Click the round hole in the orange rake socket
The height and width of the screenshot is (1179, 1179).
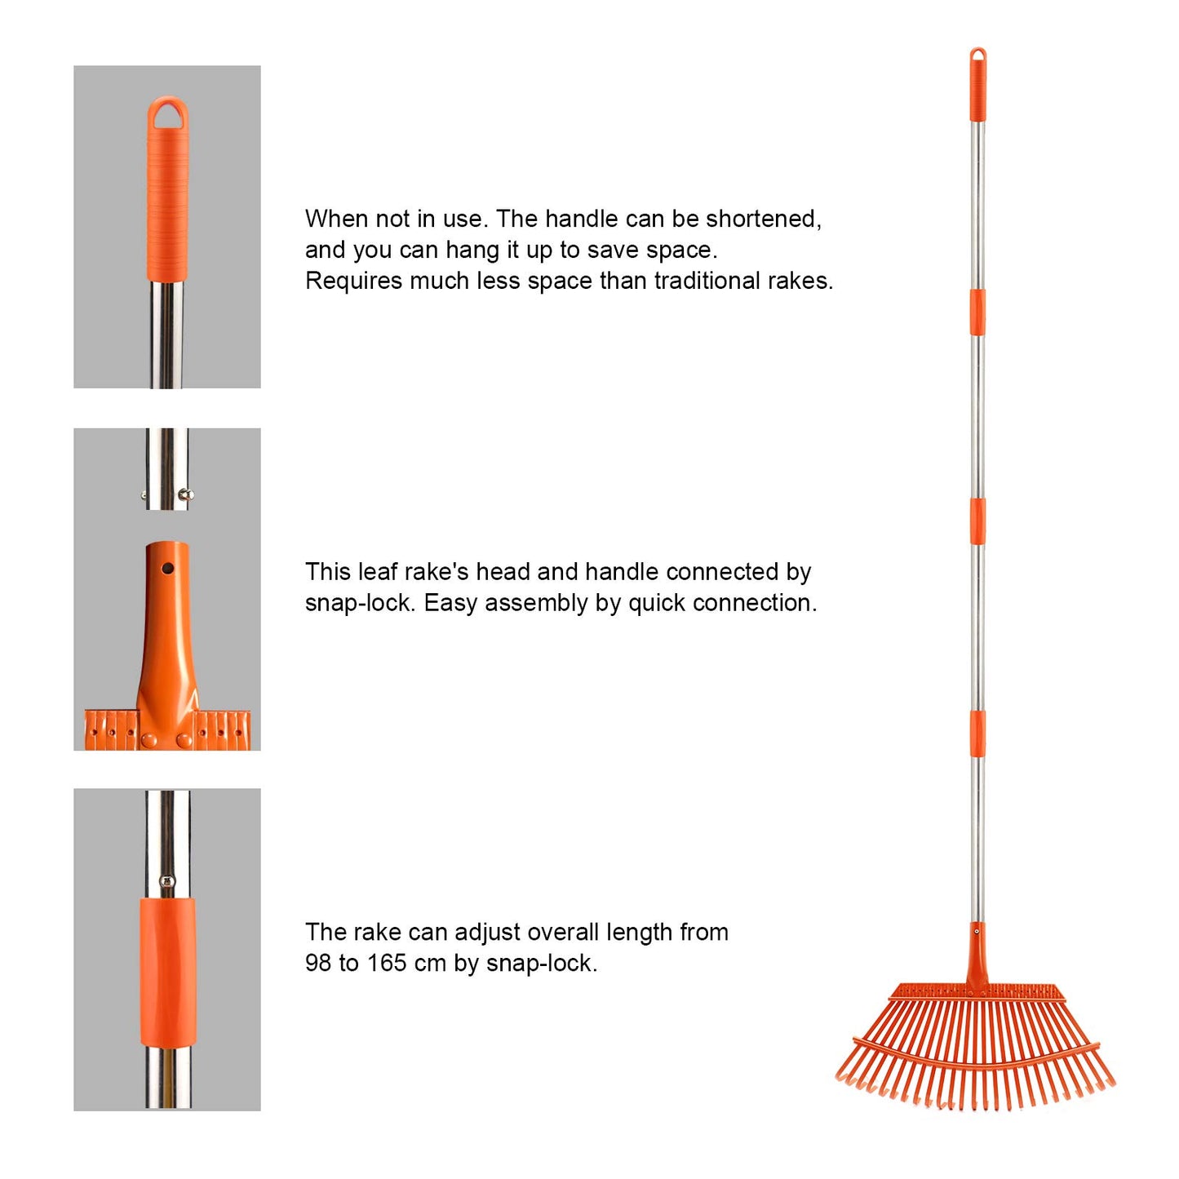pos(167,568)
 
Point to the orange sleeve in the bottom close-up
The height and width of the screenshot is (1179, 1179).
pos(167,971)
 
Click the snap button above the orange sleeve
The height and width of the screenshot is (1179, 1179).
pos(167,881)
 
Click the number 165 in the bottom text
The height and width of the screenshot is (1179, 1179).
pos(387,964)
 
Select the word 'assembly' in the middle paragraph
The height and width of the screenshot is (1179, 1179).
pos(541,604)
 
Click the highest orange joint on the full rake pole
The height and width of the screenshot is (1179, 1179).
pos(977,312)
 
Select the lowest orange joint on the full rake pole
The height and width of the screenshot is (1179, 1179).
pos(977,734)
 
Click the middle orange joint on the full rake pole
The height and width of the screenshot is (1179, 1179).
pos(977,521)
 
